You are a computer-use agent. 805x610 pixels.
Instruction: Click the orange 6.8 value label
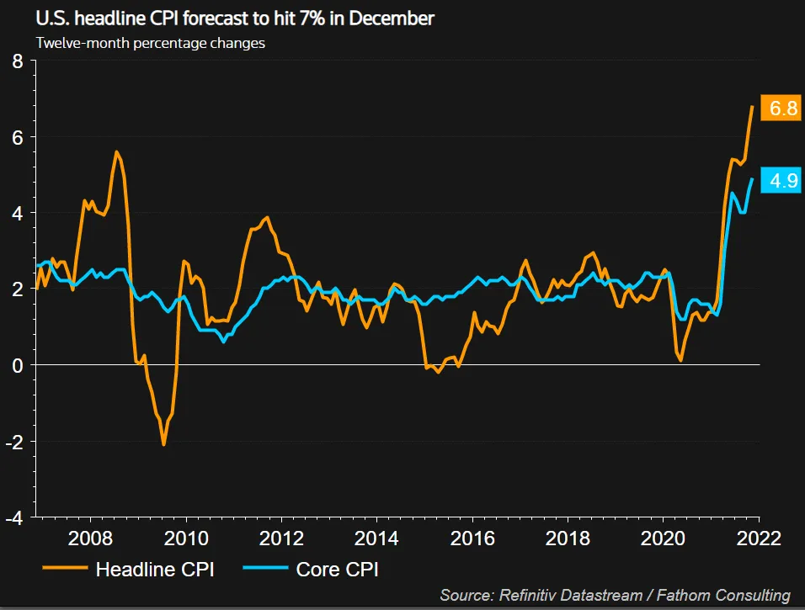click(x=780, y=109)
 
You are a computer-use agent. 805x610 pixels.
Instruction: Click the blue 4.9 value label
click(x=780, y=180)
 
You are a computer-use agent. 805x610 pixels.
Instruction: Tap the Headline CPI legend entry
click(x=155, y=570)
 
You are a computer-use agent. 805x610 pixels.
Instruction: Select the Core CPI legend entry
click(x=337, y=570)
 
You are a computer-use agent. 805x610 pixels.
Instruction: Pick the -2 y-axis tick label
click(x=14, y=441)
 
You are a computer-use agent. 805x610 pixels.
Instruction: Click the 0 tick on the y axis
click(x=18, y=365)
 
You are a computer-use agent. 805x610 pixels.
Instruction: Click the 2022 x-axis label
click(x=760, y=539)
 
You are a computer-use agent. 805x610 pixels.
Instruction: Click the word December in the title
click(x=392, y=18)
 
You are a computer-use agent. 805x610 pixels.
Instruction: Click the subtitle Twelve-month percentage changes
click(x=151, y=42)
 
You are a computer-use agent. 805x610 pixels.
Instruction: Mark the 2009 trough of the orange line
click(x=163, y=443)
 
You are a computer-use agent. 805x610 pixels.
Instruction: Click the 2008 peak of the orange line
click(x=116, y=152)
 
